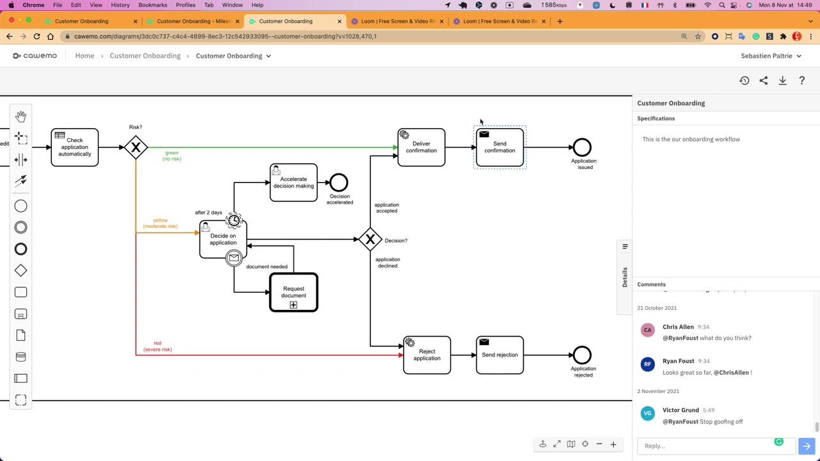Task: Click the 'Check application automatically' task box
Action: click(x=74, y=147)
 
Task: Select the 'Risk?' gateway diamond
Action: click(x=136, y=148)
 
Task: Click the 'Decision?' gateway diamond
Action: click(x=370, y=239)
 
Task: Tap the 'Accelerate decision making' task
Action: click(x=293, y=183)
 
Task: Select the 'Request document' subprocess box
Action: click(x=293, y=293)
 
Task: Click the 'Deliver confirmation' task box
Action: click(x=421, y=148)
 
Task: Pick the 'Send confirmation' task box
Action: click(x=500, y=148)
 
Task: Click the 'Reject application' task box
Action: click(x=427, y=355)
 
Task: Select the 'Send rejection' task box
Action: click(x=500, y=355)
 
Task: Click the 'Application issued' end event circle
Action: click(x=582, y=147)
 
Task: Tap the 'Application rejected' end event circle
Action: click(x=582, y=355)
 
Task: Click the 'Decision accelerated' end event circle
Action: click(x=339, y=182)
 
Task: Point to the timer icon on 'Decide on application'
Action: click(x=234, y=221)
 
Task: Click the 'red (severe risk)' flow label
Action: click(x=158, y=346)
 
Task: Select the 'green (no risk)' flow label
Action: click(x=172, y=156)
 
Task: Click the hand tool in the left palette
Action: click(x=20, y=117)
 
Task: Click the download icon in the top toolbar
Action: click(x=782, y=81)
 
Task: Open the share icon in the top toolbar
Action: click(x=763, y=81)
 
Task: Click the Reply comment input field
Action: click(x=705, y=446)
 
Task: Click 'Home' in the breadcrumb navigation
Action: click(x=85, y=56)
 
